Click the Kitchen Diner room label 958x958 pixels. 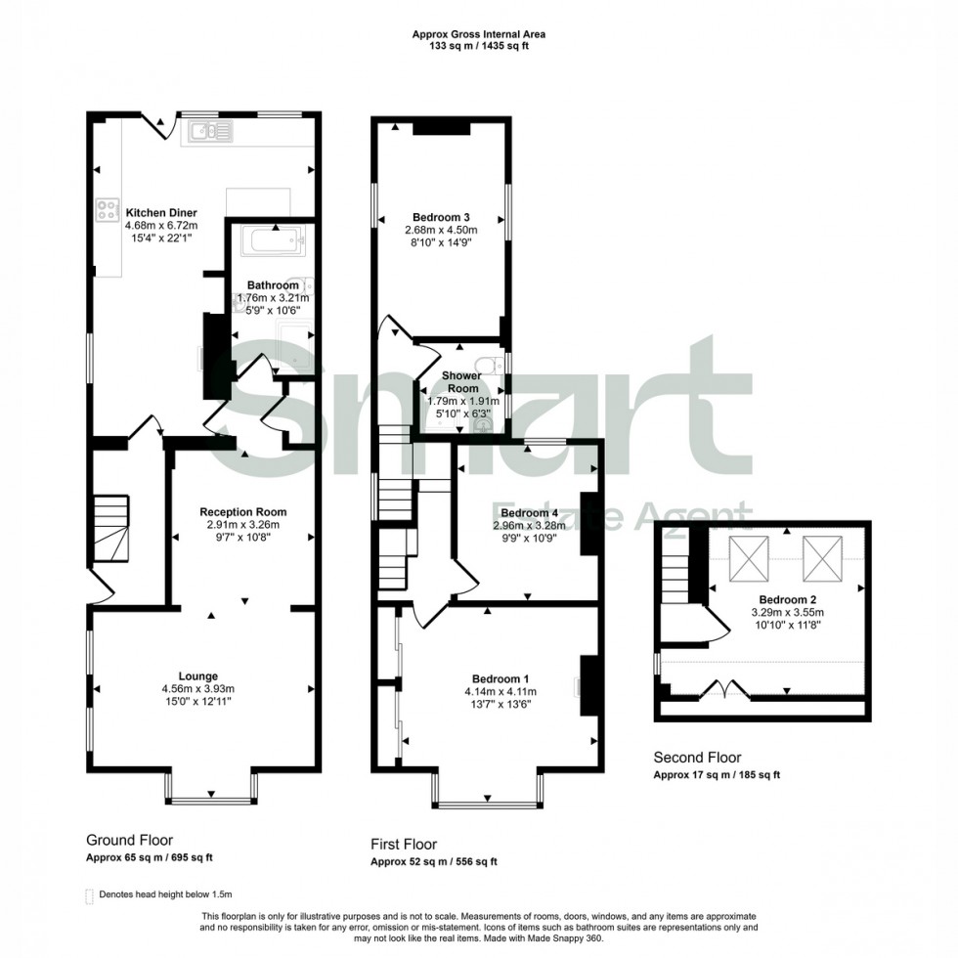coord(160,212)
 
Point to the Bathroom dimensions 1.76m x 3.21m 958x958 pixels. coord(273,298)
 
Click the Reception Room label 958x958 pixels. coord(242,511)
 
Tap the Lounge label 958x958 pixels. coord(198,675)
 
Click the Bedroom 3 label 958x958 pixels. coord(440,217)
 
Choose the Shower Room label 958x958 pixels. coord(461,381)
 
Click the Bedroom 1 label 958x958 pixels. coord(501,678)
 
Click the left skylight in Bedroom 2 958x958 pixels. coord(753,557)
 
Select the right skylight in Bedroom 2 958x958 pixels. coord(822,557)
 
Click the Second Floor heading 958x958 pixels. coord(697,757)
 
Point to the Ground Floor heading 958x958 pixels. coord(130,840)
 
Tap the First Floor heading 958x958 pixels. coord(404,844)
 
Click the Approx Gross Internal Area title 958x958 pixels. coord(479,34)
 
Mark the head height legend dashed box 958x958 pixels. coord(91,894)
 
